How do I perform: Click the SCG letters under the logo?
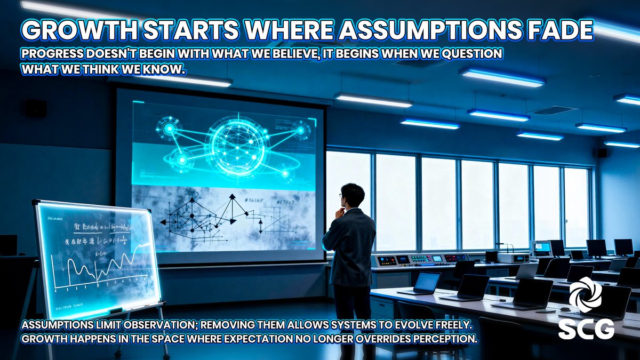(x=586, y=329)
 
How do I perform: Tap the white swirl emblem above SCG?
(x=585, y=294)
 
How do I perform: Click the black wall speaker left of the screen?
(x=35, y=108)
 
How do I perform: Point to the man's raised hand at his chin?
(x=339, y=212)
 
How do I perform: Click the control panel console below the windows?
(x=421, y=259)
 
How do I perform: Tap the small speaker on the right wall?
(x=602, y=153)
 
